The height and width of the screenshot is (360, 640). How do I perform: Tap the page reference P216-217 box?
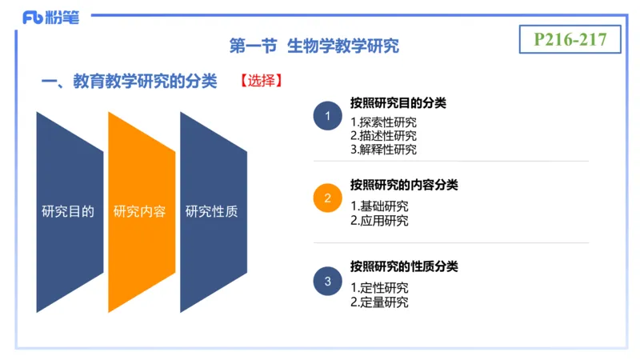point(570,38)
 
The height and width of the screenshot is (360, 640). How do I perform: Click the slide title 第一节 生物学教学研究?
point(314,46)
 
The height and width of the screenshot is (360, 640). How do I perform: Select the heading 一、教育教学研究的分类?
point(129,82)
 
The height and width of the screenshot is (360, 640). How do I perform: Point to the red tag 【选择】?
point(260,82)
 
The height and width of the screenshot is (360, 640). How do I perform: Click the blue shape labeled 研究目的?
point(69,212)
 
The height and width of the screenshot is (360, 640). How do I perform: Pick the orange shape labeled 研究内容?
point(141,212)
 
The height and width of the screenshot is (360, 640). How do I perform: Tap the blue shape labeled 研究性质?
point(212,212)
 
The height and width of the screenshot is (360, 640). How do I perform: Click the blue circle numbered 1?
point(327,117)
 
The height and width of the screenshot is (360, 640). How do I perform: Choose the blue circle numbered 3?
point(327,281)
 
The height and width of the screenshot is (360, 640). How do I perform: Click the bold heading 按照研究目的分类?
point(398,103)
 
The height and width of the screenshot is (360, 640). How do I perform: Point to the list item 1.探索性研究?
point(383,122)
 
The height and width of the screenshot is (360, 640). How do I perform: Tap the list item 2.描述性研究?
point(383,136)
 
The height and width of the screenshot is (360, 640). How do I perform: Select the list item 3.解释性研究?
point(383,150)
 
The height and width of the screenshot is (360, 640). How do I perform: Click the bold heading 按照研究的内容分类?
point(404,185)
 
